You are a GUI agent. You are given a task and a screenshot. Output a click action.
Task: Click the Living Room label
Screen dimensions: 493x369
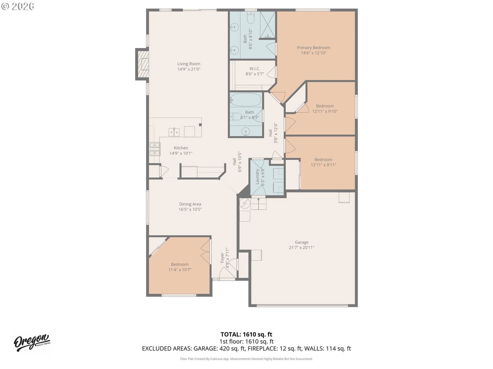point(189,64)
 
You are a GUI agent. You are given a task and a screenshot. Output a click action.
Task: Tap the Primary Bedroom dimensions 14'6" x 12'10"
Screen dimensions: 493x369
point(314,53)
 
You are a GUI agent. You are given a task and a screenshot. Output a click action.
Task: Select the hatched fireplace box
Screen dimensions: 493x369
point(143,64)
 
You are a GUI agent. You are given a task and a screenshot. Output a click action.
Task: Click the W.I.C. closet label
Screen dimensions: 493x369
point(255,69)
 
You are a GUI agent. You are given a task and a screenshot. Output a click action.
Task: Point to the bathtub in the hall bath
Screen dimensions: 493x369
point(246,100)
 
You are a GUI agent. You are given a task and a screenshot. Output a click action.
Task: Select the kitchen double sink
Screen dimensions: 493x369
point(174,132)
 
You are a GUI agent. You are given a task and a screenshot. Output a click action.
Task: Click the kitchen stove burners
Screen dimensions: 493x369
point(155,149)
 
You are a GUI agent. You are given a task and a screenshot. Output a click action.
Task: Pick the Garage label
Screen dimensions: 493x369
point(301,242)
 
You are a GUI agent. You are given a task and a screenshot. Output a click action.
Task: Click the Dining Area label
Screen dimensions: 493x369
point(190,204)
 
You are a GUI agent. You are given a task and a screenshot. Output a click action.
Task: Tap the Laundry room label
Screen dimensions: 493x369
point(257,177)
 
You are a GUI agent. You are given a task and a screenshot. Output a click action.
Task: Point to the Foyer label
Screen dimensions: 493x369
point(222,258)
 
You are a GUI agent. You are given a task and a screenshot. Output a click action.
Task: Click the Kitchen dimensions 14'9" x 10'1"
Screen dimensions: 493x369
point(181,153)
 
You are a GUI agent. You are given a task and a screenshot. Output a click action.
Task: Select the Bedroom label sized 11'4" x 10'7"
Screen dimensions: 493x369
point(180,264)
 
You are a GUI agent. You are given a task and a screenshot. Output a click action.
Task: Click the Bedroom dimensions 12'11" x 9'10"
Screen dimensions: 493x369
point(325,111)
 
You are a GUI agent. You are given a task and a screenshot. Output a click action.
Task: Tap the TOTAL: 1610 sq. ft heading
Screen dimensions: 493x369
point(246,335)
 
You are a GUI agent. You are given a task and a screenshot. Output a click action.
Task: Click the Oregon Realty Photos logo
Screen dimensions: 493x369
point(32,343)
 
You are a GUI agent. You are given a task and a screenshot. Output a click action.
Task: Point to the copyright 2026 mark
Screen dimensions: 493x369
point(18,6)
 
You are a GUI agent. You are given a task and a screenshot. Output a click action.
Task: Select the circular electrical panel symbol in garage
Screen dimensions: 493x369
point(245,204)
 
